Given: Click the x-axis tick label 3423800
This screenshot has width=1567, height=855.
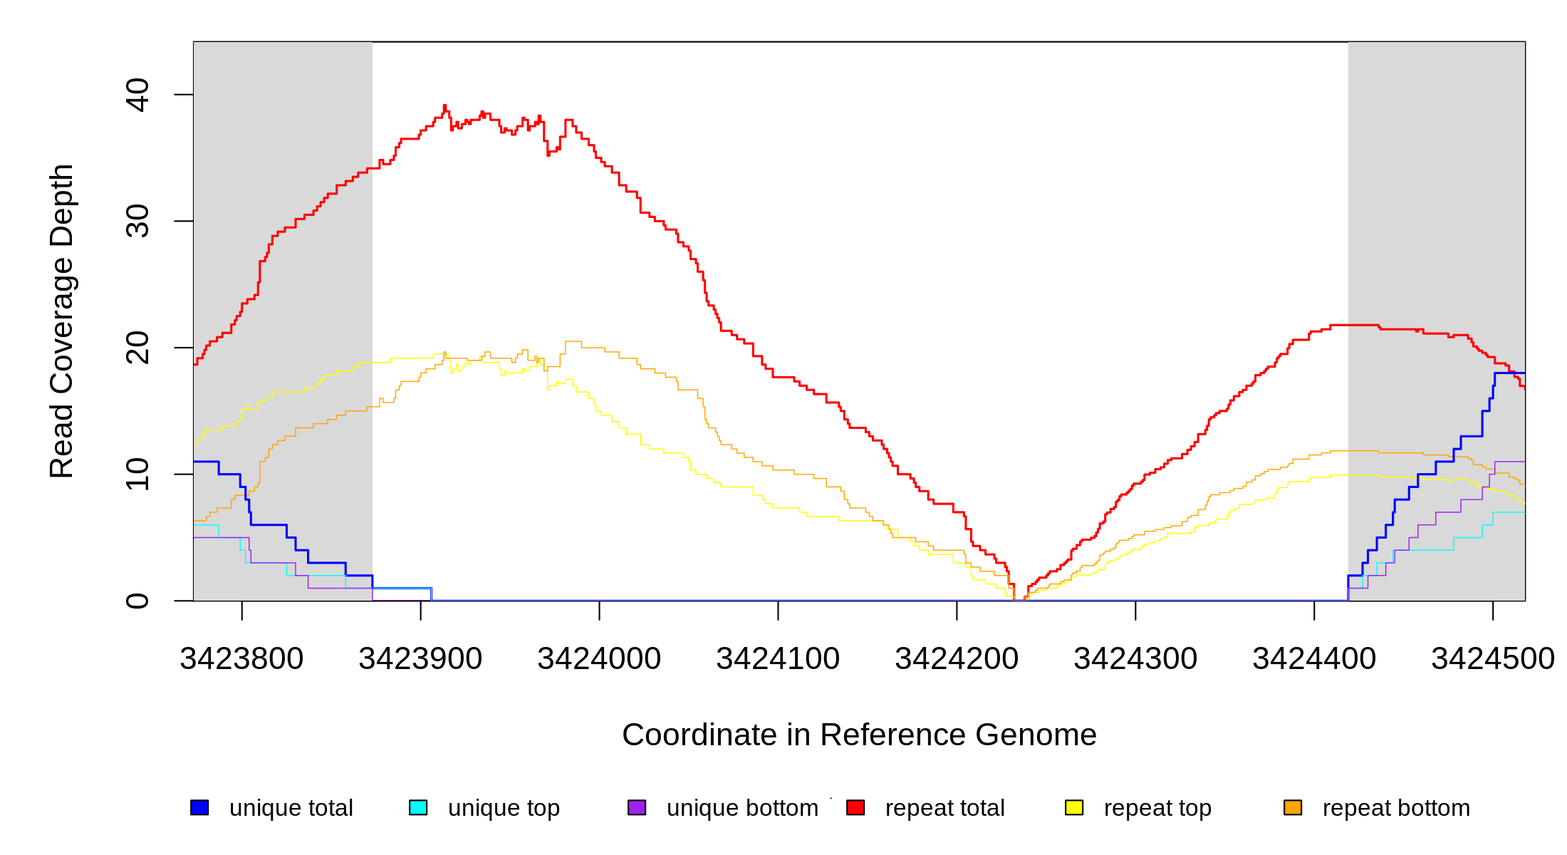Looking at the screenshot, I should [241, 659].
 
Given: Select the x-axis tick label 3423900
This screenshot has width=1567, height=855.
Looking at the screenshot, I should [420, 659].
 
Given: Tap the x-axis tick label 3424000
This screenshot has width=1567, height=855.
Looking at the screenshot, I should [599, 659].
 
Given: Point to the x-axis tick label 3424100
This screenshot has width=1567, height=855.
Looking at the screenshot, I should [778, 659].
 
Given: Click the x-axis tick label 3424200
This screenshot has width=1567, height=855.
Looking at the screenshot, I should [957, 659].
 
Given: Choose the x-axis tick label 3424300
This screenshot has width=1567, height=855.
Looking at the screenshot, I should [1135, 659].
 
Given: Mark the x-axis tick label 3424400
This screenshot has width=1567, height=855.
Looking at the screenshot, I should [1314, 659].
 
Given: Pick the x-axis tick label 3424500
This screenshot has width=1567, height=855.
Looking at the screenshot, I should [1493, 659].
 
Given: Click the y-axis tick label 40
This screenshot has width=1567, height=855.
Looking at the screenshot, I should [137, 95].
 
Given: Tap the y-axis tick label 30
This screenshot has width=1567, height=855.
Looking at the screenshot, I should [137, 221].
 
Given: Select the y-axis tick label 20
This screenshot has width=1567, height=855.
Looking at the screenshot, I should [137, 348].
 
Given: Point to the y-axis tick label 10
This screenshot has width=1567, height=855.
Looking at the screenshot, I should [137, 474].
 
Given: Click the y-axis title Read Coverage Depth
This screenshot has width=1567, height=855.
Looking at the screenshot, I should [62, 321].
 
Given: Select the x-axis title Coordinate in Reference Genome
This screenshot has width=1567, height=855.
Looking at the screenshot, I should [859, 735].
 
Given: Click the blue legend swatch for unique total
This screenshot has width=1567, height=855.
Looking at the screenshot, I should [199, 807].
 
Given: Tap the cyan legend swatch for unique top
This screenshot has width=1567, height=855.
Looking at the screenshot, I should [418, 807].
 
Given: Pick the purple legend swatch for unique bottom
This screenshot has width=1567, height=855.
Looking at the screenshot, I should [637, 807].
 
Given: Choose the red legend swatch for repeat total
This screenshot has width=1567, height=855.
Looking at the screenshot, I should [855, 807].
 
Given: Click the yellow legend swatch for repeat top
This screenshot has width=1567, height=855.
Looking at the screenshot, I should [1074, 807].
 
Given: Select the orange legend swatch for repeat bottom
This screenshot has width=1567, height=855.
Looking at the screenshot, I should [1293, 807].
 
